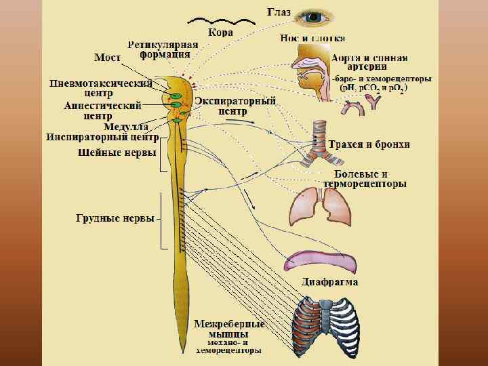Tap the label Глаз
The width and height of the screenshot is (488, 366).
tap(279, 13)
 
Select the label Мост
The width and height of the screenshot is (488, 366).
tap(107, 58)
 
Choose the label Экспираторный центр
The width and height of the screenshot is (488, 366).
tap(235, 106)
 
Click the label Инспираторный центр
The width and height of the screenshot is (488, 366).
tap(102, 137)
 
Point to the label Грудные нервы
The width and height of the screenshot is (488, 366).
tap(115, 219)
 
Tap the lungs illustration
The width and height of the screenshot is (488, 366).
tap(321, 207)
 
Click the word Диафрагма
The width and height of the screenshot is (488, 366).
tap(329, 281)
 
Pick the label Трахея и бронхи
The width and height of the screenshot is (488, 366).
tap(369, 145)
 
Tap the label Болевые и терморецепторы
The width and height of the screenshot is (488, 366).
tap(364, 179)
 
